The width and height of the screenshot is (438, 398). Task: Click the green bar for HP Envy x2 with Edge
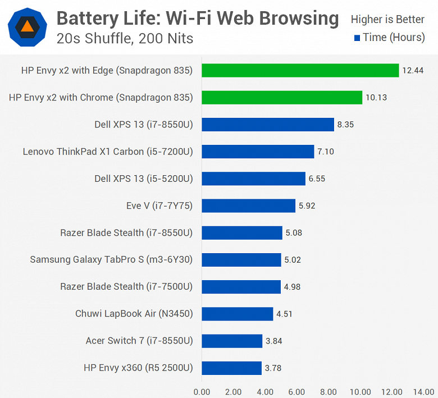point(300,70)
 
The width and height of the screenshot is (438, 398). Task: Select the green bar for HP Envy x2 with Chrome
point(281,97)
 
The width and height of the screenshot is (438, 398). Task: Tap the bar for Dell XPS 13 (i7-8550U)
point(267,124)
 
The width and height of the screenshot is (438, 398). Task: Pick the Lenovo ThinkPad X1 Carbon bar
point(257,152)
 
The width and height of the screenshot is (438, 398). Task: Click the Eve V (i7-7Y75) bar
point(248,205)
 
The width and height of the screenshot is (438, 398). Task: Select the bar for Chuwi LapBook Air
point(237,313)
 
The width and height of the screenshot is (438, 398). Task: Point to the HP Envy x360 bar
point(231,368)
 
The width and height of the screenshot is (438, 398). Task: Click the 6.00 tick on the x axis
point(296,391)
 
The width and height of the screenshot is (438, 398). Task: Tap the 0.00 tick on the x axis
point(202,391)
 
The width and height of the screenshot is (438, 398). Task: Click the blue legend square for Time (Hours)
point(357,38)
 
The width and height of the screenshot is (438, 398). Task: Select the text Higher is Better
point(387,20)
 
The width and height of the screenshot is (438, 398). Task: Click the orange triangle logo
point(26,26)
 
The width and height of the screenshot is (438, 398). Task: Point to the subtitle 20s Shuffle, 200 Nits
point(125,39)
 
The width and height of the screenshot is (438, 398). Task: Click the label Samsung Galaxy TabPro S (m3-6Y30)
point(111,259)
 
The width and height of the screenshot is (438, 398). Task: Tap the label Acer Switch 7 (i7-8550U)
point(139,341)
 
